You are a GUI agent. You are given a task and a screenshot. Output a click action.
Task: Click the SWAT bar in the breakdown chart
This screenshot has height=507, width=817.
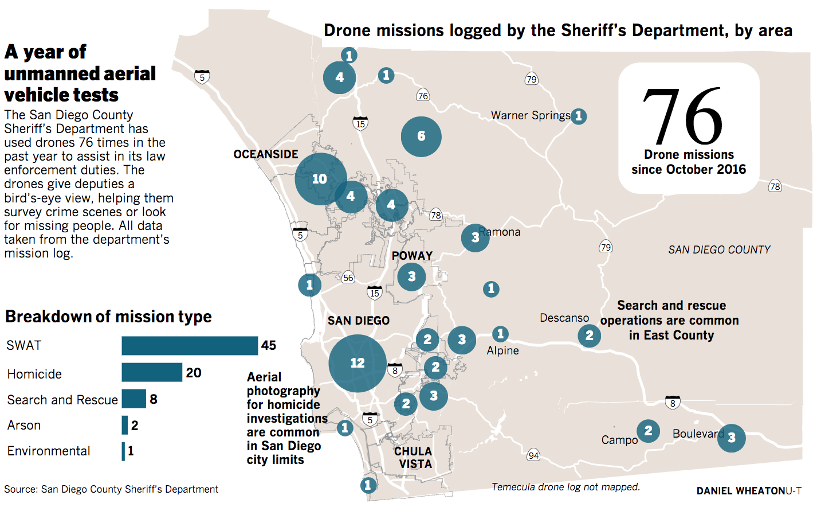[190, 346]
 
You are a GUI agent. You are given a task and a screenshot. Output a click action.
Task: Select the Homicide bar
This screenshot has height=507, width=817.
[152, 372]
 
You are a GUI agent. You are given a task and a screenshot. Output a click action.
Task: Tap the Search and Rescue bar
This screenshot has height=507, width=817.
[134, 399]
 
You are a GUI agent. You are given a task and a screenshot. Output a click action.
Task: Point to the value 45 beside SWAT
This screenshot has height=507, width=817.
[269, 345]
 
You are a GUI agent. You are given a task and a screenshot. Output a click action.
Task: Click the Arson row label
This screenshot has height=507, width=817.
[24, 426]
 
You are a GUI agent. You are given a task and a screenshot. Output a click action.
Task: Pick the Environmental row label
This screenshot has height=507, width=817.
[49, 451]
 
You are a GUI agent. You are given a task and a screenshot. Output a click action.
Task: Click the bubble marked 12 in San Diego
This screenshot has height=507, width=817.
[358, 363]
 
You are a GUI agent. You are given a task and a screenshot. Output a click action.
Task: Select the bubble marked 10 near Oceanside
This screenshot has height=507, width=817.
[320, 179]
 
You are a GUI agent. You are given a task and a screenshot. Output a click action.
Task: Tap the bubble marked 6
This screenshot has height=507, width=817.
[421, 136]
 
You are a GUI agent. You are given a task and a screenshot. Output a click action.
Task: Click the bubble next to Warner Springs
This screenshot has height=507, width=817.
[579, 116]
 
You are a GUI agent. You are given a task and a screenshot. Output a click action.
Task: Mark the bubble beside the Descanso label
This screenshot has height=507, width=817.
[590, 336]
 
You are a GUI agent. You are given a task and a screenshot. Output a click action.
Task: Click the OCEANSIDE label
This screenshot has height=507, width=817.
[266, 154]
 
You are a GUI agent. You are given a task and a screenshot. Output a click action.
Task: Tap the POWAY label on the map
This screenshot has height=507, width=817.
[413, 256]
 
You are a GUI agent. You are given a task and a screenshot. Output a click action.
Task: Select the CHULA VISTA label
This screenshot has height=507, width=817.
[414, 458]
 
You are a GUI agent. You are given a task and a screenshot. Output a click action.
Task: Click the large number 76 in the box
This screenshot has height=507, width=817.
[682, 116]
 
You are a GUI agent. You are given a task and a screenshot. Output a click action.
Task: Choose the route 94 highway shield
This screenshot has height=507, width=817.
[533, 455]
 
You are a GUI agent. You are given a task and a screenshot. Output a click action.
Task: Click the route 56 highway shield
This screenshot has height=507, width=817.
[348, 278]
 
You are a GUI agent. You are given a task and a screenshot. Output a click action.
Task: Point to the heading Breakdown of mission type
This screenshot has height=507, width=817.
[108, 317]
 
